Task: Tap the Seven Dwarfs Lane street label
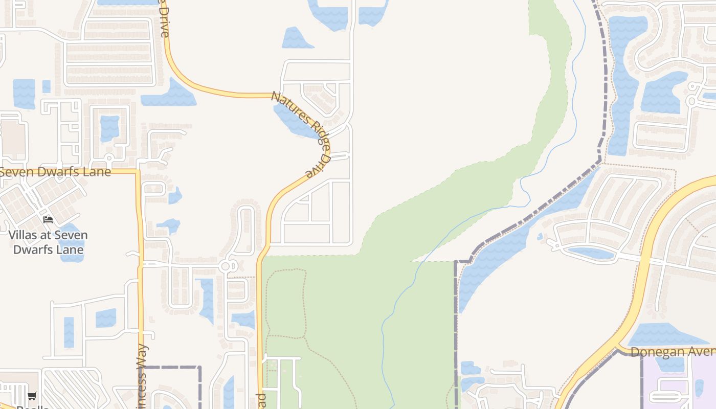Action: [55, 172]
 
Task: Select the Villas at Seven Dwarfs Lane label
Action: [48, 242]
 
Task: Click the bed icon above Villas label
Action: [48, 220]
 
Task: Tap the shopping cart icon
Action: [32, 396]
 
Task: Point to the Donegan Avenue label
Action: [673, 352]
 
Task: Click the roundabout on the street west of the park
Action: [227, 266]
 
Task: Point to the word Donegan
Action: [656, 352]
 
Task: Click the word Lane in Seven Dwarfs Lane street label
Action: [97, 172]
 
